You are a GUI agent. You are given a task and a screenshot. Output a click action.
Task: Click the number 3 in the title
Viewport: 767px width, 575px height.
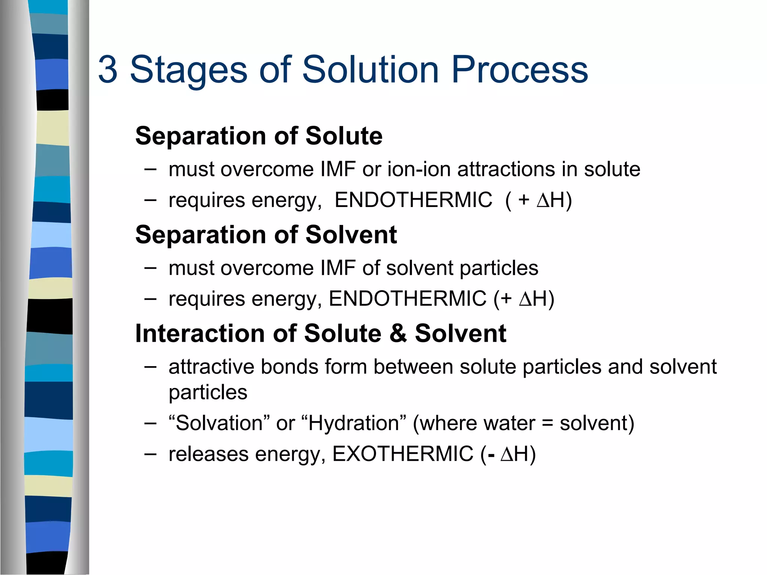[x=108, y=70]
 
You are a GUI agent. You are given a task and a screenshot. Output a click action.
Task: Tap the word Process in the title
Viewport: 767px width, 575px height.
[x=519, y=70]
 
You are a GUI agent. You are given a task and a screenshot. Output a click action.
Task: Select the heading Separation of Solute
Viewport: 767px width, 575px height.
[x=259, y=136]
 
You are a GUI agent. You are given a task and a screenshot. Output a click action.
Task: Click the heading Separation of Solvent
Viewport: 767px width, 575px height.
[x=266, y=235]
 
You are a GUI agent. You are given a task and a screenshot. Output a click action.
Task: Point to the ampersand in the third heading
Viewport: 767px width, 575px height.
[x=398, y=333]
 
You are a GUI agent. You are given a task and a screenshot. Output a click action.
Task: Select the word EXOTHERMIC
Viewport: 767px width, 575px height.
[x=403, y=454]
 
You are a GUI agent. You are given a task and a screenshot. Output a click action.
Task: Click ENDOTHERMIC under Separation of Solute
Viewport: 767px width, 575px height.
[x=413, y=200]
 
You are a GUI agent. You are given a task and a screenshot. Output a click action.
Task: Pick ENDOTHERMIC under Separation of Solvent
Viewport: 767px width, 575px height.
[x=407, y=299]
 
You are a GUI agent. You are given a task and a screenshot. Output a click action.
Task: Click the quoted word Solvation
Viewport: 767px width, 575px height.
[x=219, y=423]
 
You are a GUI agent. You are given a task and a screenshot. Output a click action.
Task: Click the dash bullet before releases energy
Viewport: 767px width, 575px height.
[x=150, y=454]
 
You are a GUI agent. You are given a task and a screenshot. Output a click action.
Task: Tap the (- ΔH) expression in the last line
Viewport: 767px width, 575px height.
[x=508, y=454]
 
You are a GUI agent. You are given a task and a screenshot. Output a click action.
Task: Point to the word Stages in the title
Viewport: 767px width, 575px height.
[x=188, y=70]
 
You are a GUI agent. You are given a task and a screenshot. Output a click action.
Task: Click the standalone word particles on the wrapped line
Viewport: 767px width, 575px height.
[x=208, y=393]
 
